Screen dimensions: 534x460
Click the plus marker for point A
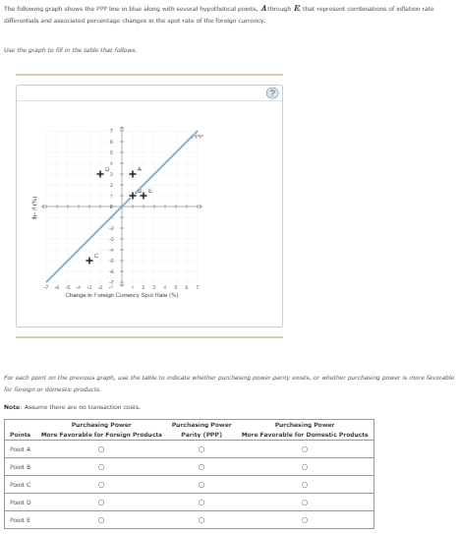click(x=133, y=175)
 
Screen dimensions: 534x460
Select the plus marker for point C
click(x=88, y=261)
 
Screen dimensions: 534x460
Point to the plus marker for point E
click(x=144, y=196)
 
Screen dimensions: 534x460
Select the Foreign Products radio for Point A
click(x=101, y=449)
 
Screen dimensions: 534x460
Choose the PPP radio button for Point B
click(x=201, y=467)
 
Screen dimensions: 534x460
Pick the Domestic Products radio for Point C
click(x=305, y=485)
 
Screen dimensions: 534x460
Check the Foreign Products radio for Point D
click(x=101, y=503)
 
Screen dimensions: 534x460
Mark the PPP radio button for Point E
click(x=201, y=520)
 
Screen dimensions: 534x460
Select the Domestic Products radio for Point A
click(x=305, y=449)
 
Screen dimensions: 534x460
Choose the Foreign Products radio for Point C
click(x=101, y=485)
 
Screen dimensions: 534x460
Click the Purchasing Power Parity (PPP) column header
click(x=201, y=429)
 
